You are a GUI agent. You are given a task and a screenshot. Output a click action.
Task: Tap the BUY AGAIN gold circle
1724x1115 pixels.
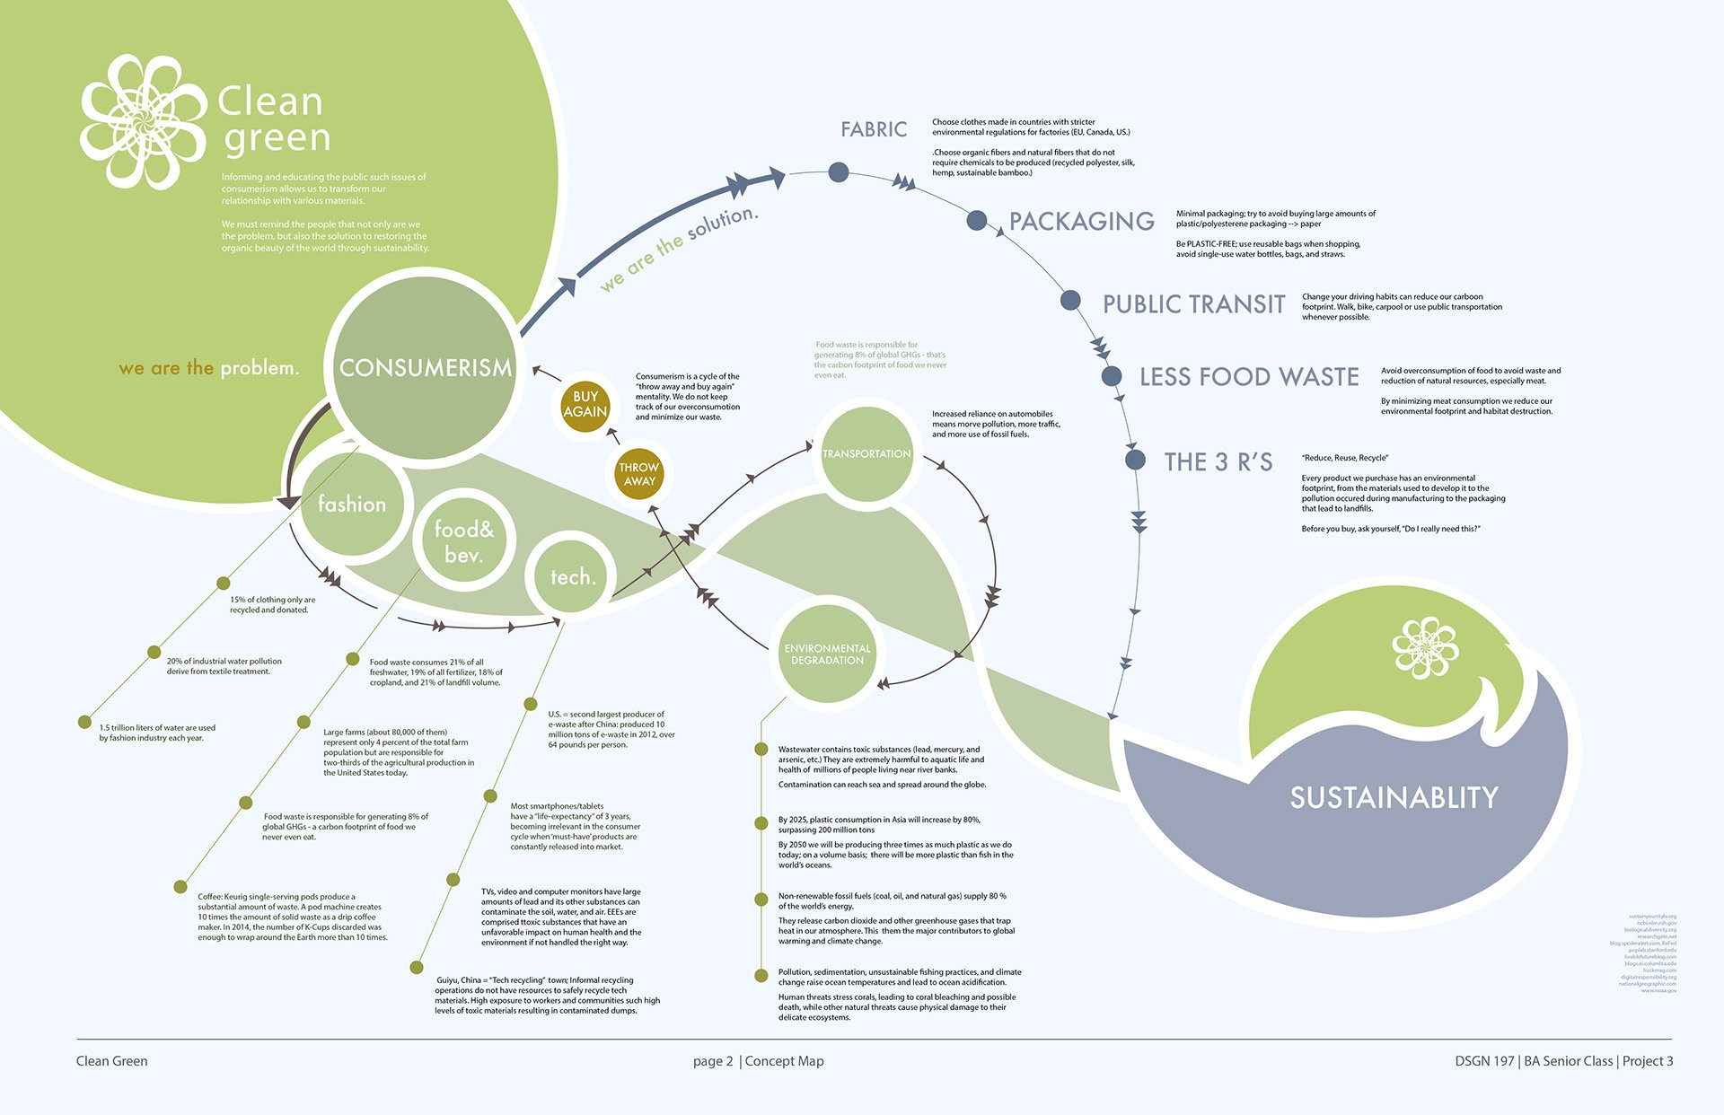tap(585, 404)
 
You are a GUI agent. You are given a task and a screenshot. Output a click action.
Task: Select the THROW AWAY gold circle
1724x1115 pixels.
tap(638, 474)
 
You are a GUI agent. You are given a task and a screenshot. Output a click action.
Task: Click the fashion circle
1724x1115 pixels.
tap(352, 504)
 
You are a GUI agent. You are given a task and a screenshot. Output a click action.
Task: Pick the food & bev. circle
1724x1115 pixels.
tap(463, 541)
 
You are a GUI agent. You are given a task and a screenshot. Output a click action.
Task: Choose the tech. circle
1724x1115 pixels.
tap(572, 576)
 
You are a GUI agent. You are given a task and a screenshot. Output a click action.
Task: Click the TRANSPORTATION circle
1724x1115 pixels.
tap(866, 453)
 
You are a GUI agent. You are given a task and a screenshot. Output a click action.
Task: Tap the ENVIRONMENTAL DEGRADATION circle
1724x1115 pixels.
tap(827, 654)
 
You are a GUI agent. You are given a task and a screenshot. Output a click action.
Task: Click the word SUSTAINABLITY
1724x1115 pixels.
tap(1394, 797)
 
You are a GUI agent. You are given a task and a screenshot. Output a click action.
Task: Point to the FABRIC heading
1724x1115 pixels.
tap(874, 129)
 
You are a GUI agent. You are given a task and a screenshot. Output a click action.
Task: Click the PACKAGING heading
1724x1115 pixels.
tap(1081, 221)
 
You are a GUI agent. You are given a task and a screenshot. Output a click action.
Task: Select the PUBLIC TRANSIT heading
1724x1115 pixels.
tap(1193, 304)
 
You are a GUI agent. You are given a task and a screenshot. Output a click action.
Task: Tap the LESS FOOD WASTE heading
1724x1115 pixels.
tap(1248, 377)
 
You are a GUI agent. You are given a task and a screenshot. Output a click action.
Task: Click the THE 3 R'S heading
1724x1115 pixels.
tap(1218, 461)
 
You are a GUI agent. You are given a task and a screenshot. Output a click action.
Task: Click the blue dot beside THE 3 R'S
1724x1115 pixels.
tap(1135, 460)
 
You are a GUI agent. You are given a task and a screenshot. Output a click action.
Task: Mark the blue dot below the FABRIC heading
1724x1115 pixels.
tap(838, 171)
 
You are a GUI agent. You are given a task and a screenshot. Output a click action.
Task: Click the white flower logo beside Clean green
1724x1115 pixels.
tap(144, 121)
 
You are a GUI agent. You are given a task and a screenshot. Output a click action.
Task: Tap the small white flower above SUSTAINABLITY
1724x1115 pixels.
tap(1424, 646)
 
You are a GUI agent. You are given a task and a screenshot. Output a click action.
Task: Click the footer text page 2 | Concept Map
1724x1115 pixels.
tap(758, 1061)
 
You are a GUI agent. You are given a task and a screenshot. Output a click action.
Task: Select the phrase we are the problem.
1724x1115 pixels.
tap(208, 368)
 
